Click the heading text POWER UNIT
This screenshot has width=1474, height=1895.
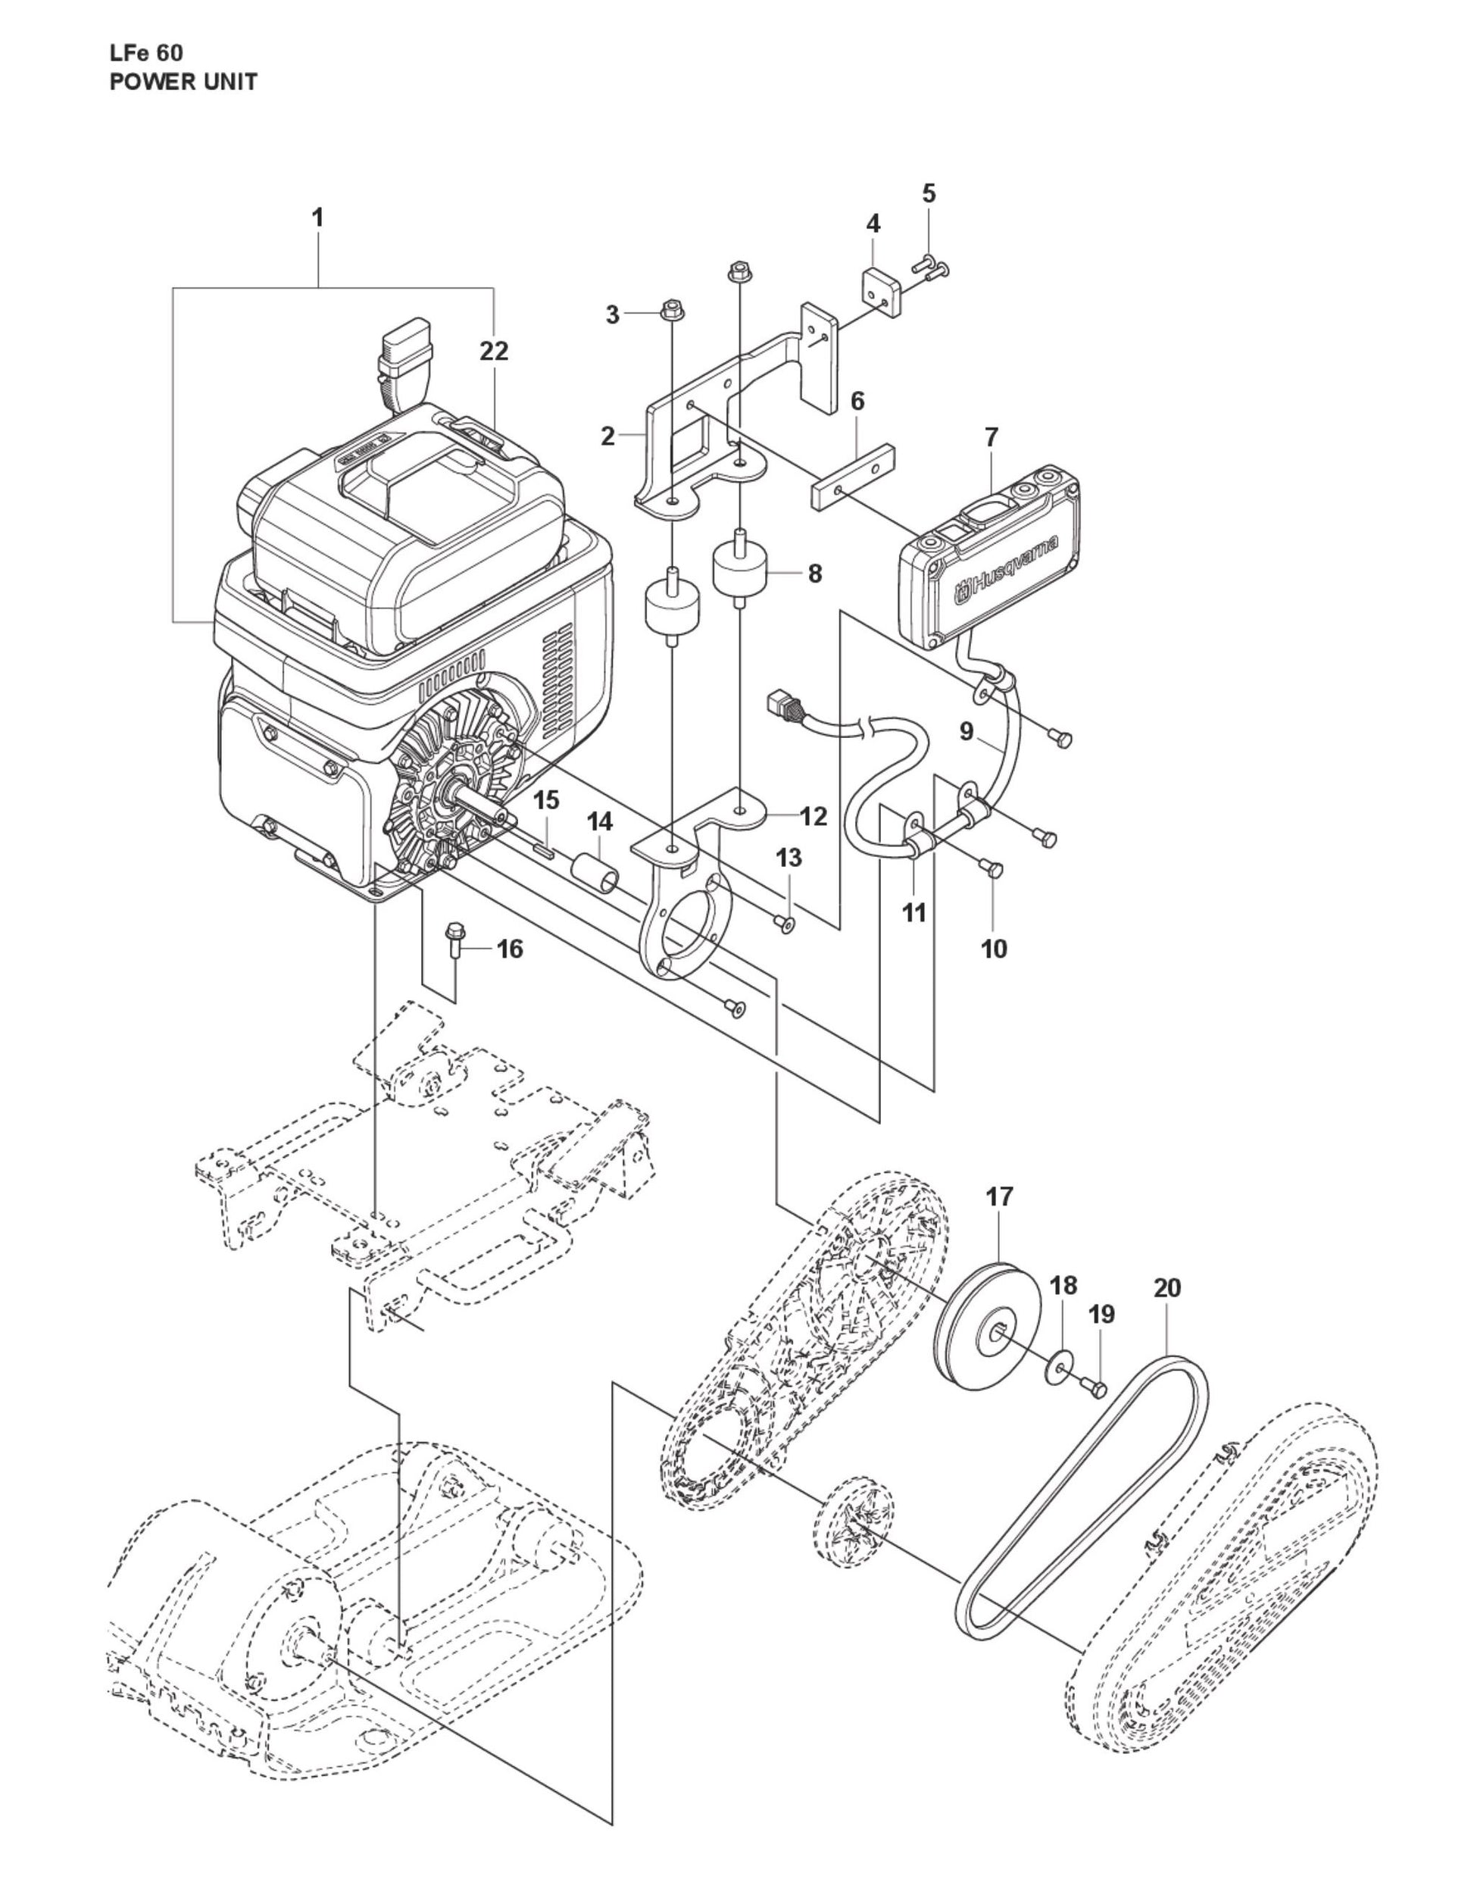[183, 83]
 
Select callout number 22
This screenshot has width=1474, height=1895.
[494, 351]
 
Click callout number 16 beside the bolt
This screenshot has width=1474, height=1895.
[510, 949]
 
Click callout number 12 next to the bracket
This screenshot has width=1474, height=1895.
[813, 815]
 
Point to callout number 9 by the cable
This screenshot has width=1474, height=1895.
[967, 731]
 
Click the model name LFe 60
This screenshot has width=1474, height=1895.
[145, 52]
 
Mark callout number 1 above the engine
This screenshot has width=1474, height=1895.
[317, 217]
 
